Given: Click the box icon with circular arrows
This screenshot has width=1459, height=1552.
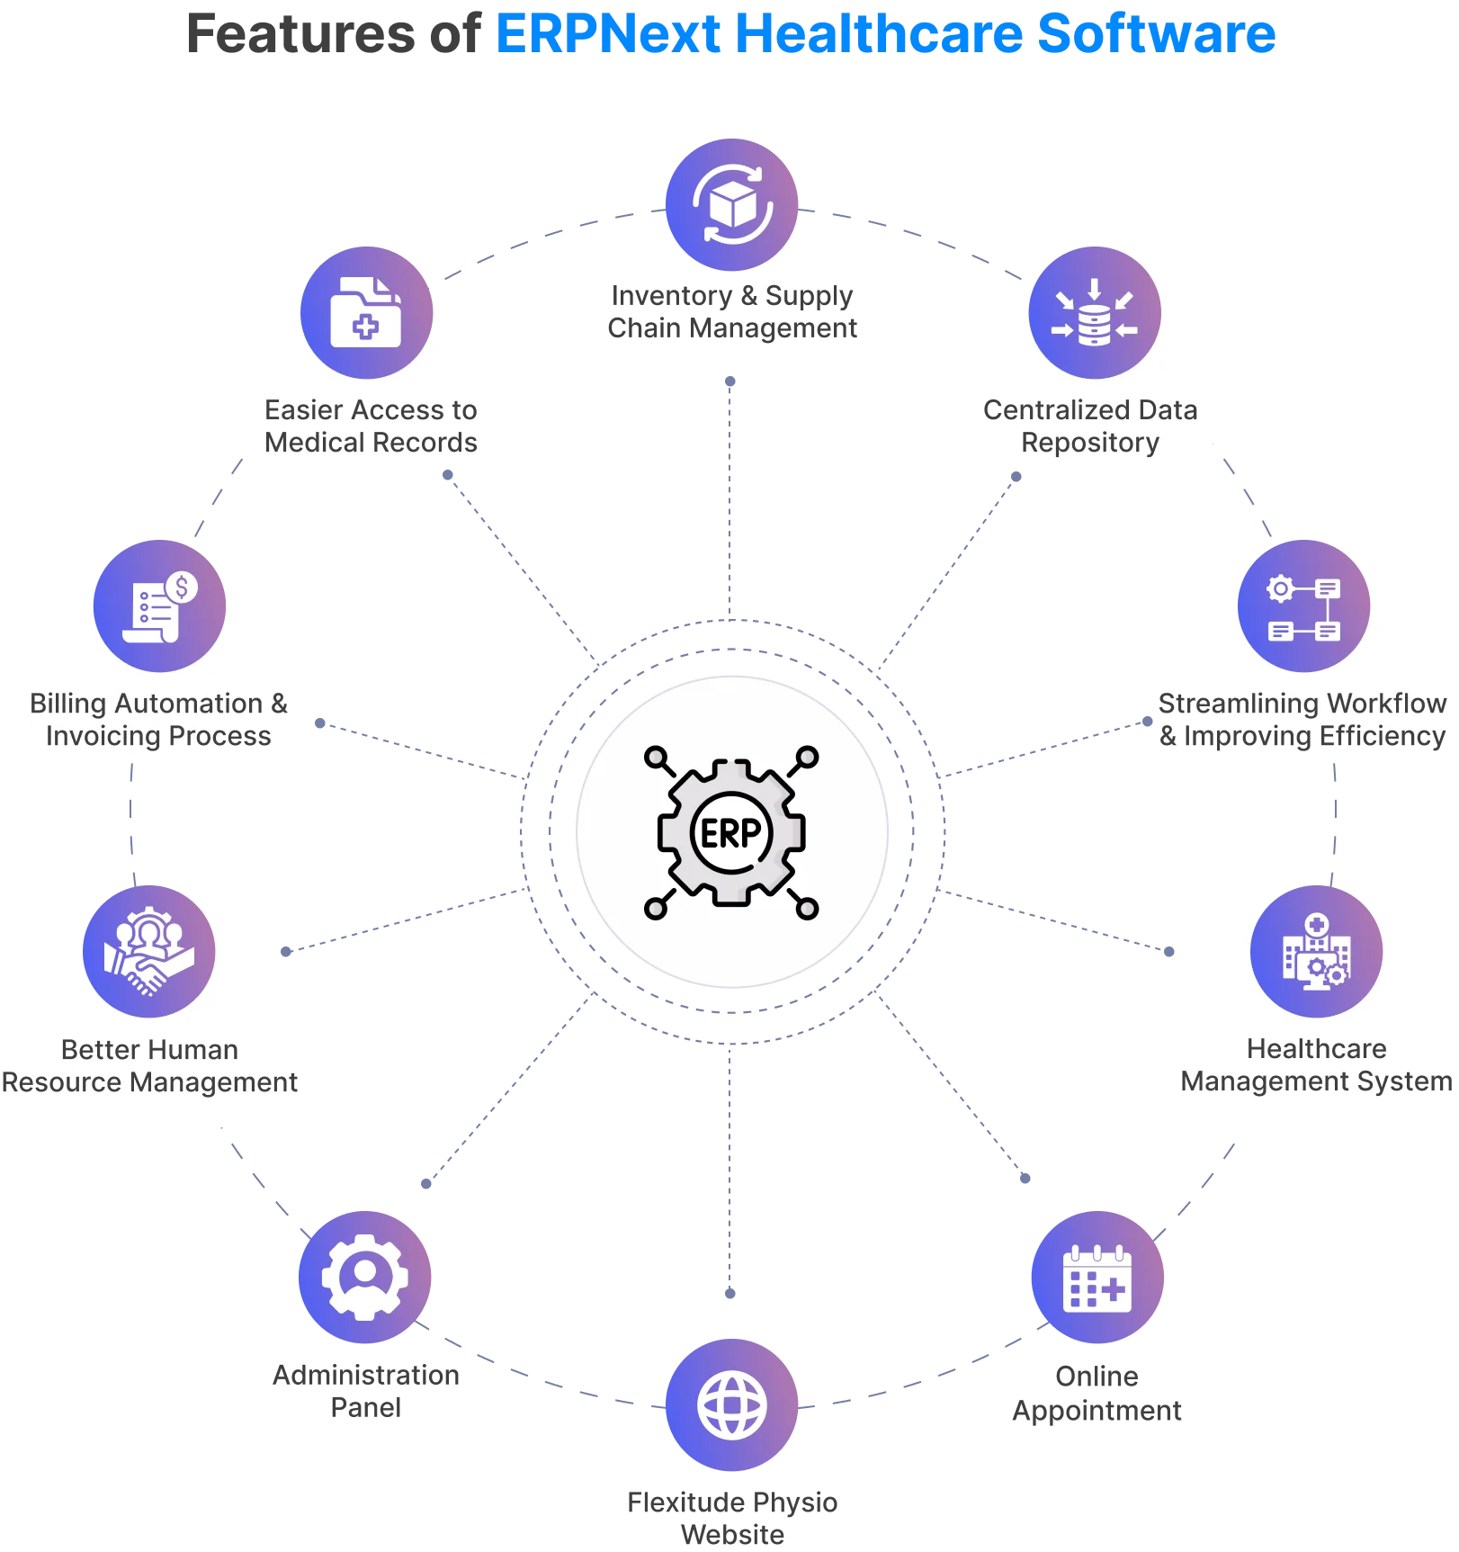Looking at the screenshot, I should (731, 205).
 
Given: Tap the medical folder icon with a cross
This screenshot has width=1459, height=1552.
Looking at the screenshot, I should (366, 312).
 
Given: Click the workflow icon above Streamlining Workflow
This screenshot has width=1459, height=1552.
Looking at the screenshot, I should (1304, 607).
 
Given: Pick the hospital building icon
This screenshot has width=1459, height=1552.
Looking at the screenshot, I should (1316, 952).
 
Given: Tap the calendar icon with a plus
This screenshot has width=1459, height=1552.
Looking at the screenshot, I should (1096, 1278).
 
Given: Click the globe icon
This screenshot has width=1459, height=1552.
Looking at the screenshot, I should (731, 1405).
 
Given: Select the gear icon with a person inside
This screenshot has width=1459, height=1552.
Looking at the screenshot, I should (364, 1277).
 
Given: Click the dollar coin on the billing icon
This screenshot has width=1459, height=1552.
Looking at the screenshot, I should (183, 588).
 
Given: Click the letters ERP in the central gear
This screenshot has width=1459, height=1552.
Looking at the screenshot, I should (730, 833).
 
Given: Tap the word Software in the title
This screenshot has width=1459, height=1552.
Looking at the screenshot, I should (1157, 34).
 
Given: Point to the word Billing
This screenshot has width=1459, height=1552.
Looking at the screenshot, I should (69, 704).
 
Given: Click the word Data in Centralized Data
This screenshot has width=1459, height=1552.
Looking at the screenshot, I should (1168, 410).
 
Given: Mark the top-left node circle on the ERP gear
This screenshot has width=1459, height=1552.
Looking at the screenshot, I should (657, 757).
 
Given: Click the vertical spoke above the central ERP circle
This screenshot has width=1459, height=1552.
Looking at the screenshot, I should (730, 504).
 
